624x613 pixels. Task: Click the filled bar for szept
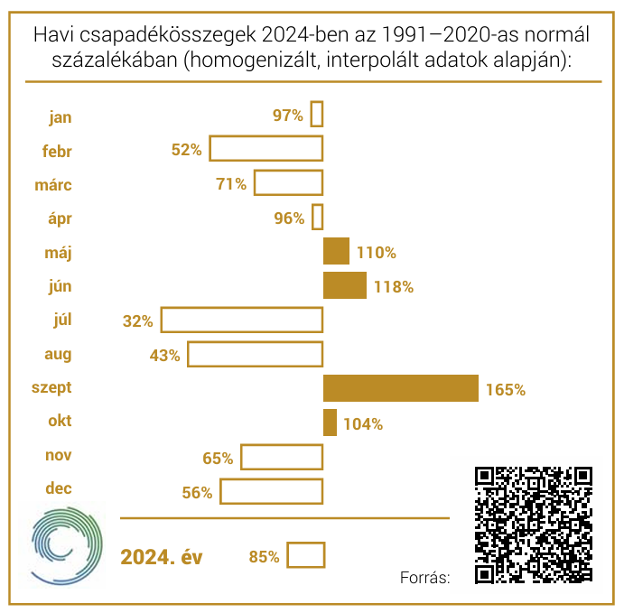[x=400, y=388]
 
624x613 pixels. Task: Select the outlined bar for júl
[x=242, y=320]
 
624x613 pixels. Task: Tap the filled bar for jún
[x=344, y=285]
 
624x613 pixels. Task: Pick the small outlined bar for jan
[x=317, y=115]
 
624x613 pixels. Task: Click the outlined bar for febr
[x=266, y=149]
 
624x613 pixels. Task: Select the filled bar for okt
[x=330, y=423]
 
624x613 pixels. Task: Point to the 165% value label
[x=506, y=390]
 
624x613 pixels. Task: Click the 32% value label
[x=139, y=320]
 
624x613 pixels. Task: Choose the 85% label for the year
[x=264, y=557]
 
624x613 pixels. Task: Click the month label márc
[x=53, y=185]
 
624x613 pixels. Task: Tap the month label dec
[x=59, y=488]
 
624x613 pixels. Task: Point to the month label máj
[x=60, y=253]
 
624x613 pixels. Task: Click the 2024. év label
[x=162, y=557]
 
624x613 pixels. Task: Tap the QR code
[x=533, y=524]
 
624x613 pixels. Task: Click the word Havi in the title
[x=53, y=35]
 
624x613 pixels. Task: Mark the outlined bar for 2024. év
[x=305, y=555]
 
